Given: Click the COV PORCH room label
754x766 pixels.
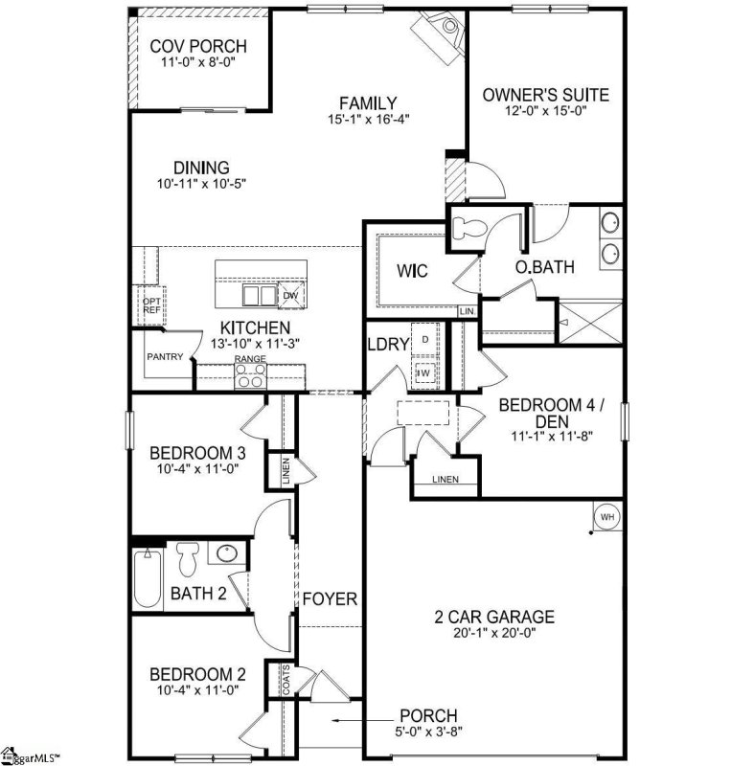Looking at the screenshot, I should point(199,46).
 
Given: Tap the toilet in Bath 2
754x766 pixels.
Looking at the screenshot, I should point(186,558).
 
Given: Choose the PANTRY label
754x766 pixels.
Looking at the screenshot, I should point(163,356).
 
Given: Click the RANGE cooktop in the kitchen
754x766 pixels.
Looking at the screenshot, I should point(251,376).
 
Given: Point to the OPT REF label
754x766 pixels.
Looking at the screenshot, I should point(150,304).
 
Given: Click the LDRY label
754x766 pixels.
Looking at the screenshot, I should point(387,347).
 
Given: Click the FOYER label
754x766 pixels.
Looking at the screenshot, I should point(331,600).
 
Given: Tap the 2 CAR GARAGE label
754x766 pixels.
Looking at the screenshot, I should point(492,617).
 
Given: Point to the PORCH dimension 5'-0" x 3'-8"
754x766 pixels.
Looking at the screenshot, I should point(428,732).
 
